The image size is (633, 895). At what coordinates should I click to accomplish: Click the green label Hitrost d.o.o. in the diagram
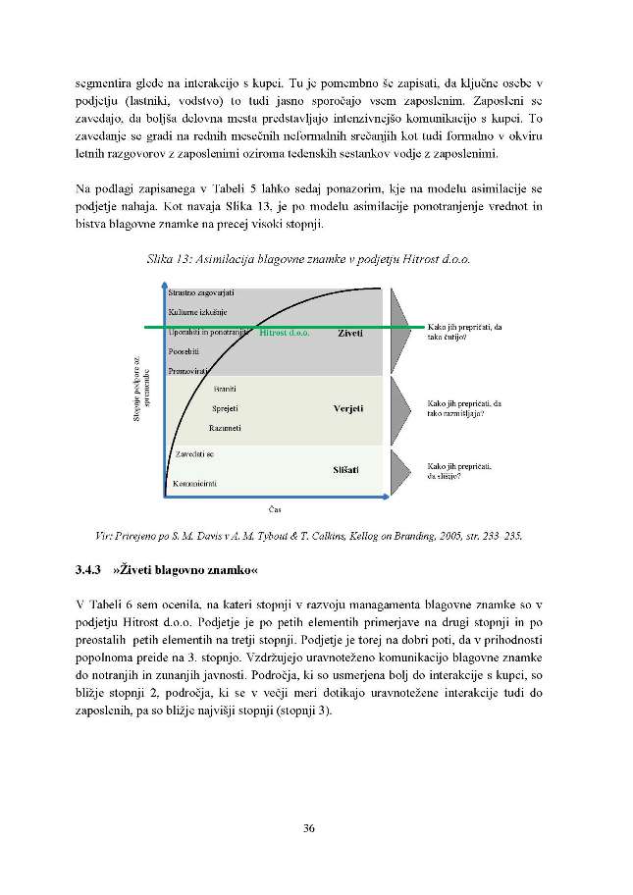point(285,333)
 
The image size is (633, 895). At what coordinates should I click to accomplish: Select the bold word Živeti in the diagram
point(350,333)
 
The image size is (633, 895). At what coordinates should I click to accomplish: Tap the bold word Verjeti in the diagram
point(348,407)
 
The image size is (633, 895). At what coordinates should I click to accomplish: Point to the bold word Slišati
point(347,470)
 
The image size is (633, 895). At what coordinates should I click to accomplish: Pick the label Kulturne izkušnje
point(197,312)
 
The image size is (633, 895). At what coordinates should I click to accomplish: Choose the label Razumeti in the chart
point(226,427)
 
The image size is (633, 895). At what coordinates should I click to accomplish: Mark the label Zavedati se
point(194,455)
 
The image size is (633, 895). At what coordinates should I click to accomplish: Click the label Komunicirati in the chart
point(194,484)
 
